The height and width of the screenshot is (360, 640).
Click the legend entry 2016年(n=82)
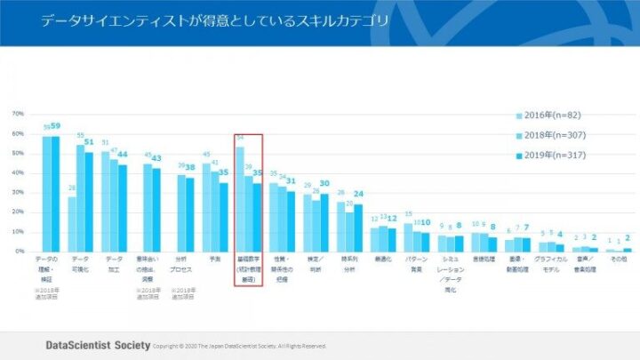(550, 115)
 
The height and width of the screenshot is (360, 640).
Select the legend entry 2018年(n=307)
(552, 135)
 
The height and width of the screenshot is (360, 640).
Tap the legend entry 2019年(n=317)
(552, 156)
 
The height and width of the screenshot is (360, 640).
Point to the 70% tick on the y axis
(18, 115)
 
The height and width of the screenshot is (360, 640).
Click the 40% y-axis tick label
(18, 173)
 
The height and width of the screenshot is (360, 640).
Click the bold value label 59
(55, 126)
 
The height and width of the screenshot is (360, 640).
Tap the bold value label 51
(89, 142)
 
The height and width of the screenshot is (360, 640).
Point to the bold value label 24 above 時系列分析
(358, 194)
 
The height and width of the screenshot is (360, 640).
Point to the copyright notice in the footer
(240, 346)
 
